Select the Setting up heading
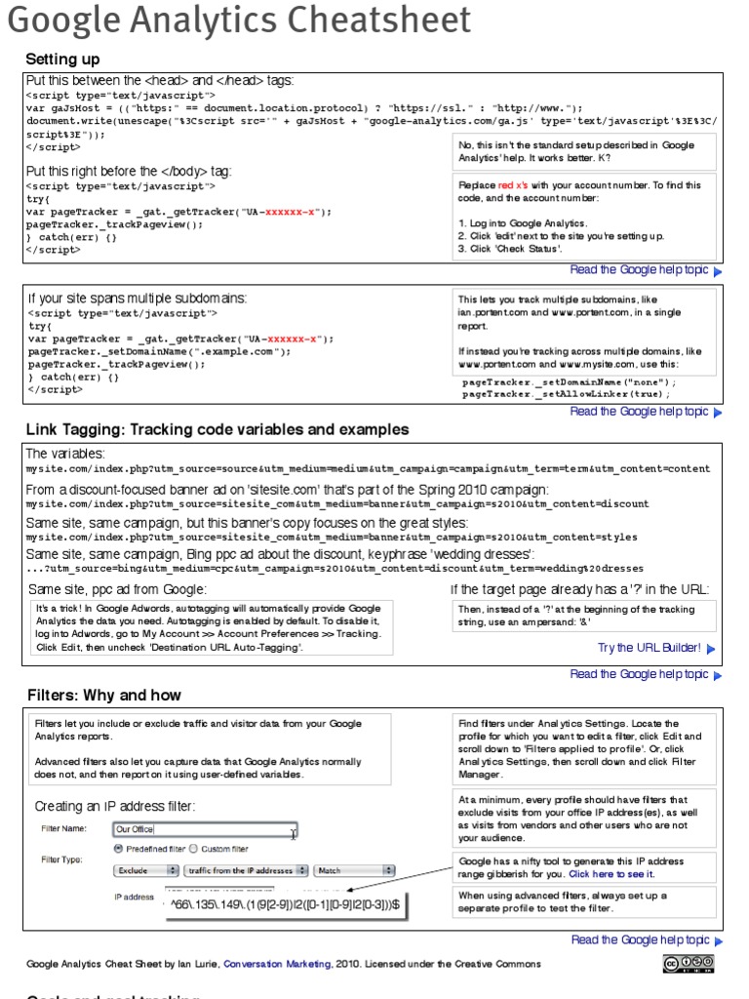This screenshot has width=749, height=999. tap(62, 60)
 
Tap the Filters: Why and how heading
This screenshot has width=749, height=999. tap(103, 696)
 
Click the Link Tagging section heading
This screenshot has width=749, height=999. tap(217, 429)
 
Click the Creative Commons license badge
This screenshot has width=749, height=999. tap(689, 964)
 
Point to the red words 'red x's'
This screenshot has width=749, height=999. tap(518, 185)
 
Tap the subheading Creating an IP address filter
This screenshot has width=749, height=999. tap(114, 806)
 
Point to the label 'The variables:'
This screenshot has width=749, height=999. tap(64, 454)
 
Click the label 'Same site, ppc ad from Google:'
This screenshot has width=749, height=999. tap(117, 589)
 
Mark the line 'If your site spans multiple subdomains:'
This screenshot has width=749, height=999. tap(137, 298)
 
